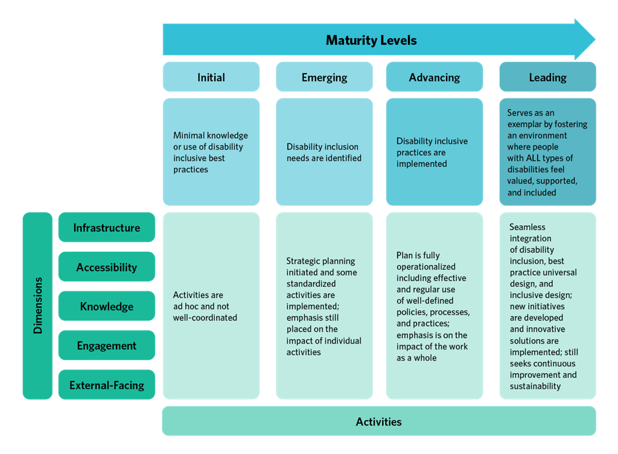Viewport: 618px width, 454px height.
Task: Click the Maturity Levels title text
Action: point(371,41)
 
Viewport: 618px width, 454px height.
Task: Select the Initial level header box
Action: point(211,77)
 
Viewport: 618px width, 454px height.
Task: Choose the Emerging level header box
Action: point(324,77)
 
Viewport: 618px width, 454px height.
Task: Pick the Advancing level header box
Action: point(434,77)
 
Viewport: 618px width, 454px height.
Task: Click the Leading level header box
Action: point(547,77)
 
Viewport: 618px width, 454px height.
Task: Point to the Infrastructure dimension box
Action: point(107,228)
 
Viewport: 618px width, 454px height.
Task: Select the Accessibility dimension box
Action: point(107,267)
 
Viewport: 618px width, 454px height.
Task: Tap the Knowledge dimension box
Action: point(107,306)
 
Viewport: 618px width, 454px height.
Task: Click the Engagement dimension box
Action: point(107,345)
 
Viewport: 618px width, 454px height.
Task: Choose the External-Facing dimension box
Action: point(107,385)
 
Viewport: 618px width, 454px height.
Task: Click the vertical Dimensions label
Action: point(37,305)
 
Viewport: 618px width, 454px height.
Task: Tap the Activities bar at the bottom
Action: point(378,421)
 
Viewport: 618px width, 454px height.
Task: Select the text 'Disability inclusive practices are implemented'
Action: point(432,152)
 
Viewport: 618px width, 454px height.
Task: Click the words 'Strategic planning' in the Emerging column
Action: point(320,261)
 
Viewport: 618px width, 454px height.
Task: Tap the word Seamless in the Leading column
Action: point(527,227)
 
